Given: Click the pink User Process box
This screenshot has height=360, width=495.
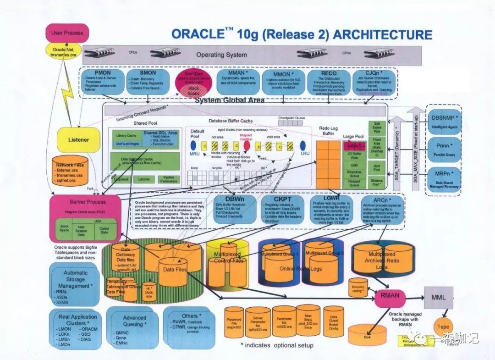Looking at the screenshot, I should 67,33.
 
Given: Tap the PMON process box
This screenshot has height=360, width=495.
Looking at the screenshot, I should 103,82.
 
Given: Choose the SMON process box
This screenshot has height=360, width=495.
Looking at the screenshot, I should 148,82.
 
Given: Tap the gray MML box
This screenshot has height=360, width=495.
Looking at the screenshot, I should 438,298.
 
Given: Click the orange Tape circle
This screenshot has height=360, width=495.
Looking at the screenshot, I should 443,327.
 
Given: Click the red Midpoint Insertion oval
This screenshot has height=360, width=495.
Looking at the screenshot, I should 247,145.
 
